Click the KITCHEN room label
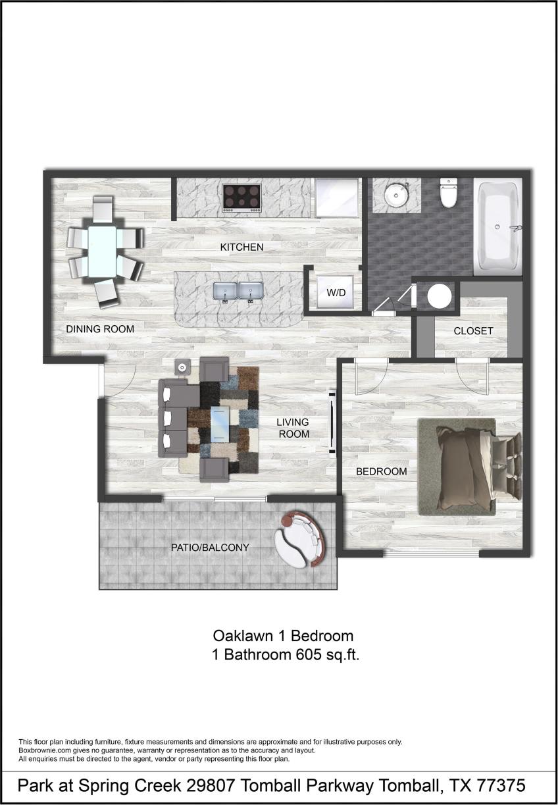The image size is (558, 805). click(241, 247)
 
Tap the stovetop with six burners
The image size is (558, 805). click(242, 197)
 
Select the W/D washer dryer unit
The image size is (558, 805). click(336, 292)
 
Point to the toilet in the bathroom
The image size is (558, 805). click(448, 193)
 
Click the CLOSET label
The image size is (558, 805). click(473, 331)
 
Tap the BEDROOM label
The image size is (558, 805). click(381, 471)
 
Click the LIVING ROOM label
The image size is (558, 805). click(293, 428)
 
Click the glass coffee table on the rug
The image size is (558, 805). click(220, 425)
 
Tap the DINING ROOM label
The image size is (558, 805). click(100, 329)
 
